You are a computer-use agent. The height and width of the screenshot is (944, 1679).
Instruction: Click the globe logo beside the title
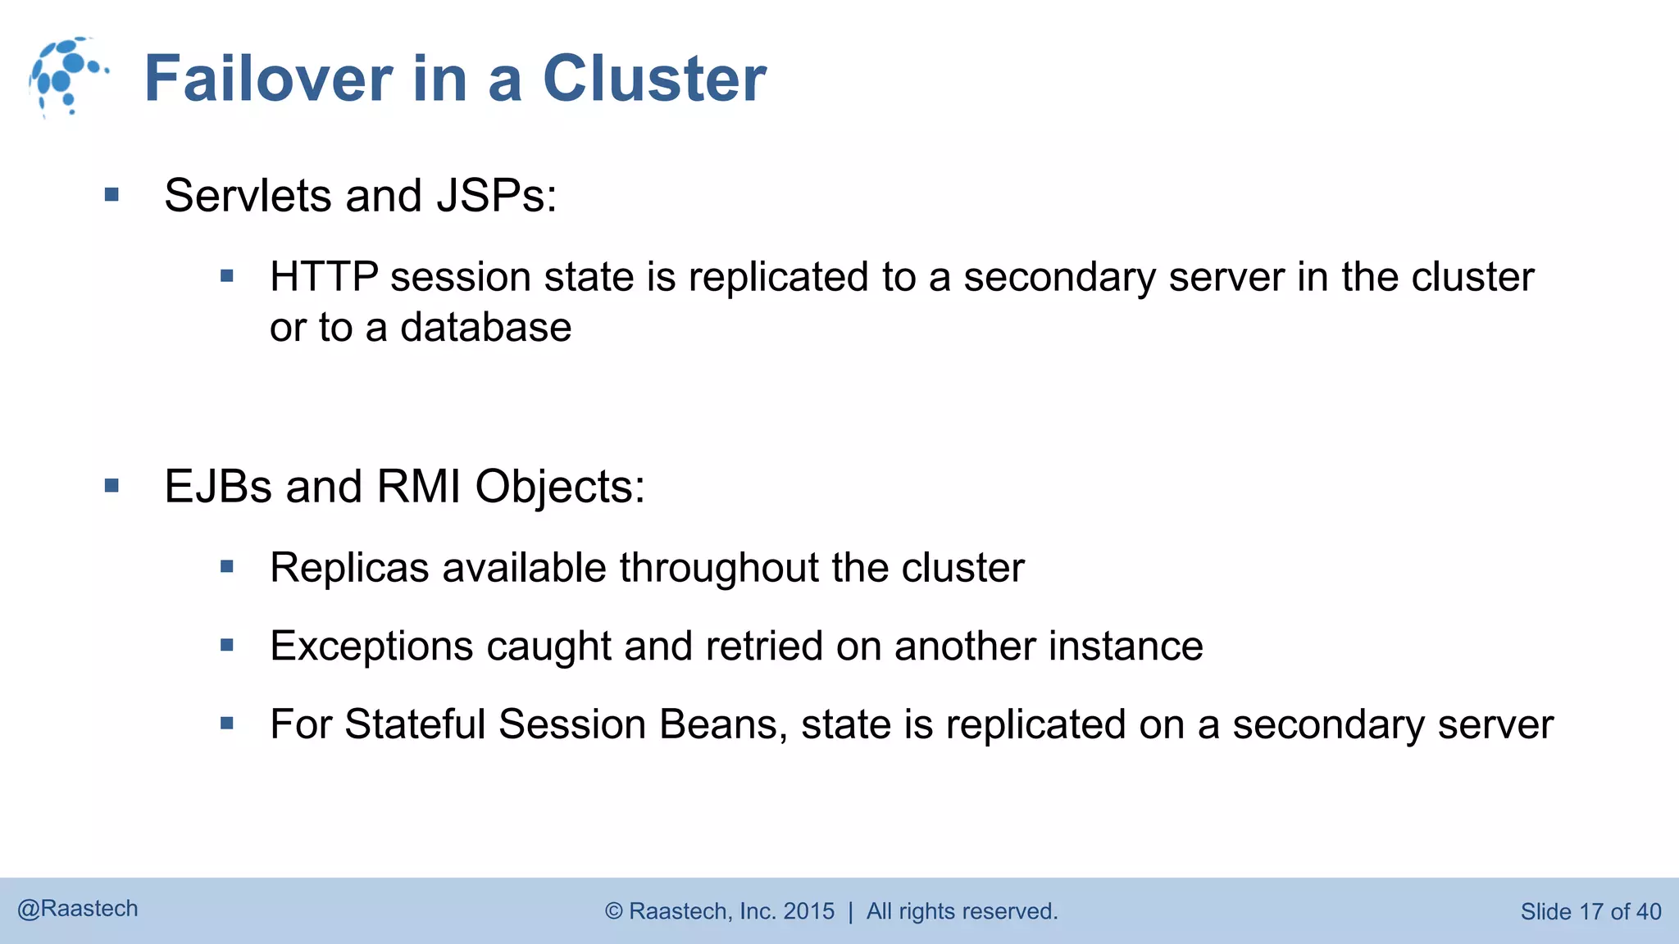pyautogui.click(x=67, y=76)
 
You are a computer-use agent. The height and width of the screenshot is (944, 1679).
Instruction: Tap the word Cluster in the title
pyautogui.click(x=654, y=79)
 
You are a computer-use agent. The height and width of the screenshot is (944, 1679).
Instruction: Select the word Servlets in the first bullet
pyautogui.click(x=248, y=196)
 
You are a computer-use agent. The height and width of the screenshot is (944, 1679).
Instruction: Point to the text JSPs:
pyautogui.click(x=497, y=196)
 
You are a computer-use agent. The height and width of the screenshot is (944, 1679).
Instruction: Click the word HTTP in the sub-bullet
pyautogui.click(x=324, y=277)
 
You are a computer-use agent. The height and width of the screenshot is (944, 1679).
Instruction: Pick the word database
pyautogui.click(x=485, y=328)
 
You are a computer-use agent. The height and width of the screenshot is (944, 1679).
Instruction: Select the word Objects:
pyautogui.click(x=560, y=487)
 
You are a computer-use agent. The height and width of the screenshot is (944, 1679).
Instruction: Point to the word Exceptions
pyautogui.click(x=371, y=647)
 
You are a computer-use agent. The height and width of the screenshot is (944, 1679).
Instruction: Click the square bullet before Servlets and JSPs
pyautogui.click(x=112, y=195)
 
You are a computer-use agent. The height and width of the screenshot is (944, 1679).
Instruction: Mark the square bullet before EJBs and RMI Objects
pyautogui.click(x=112, y=486)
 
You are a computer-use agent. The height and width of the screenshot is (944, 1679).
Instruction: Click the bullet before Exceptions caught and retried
pyautogui.click(x=227, y=646)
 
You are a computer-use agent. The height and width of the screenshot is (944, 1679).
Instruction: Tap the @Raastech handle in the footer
pyautogui.click(x=78, y=909)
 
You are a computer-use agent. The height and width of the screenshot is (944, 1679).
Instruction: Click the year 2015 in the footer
pyautogui.click(x=808, y=911)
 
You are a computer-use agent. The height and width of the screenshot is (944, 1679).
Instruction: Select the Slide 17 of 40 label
pyautogui.click(x=1590, y=911)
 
